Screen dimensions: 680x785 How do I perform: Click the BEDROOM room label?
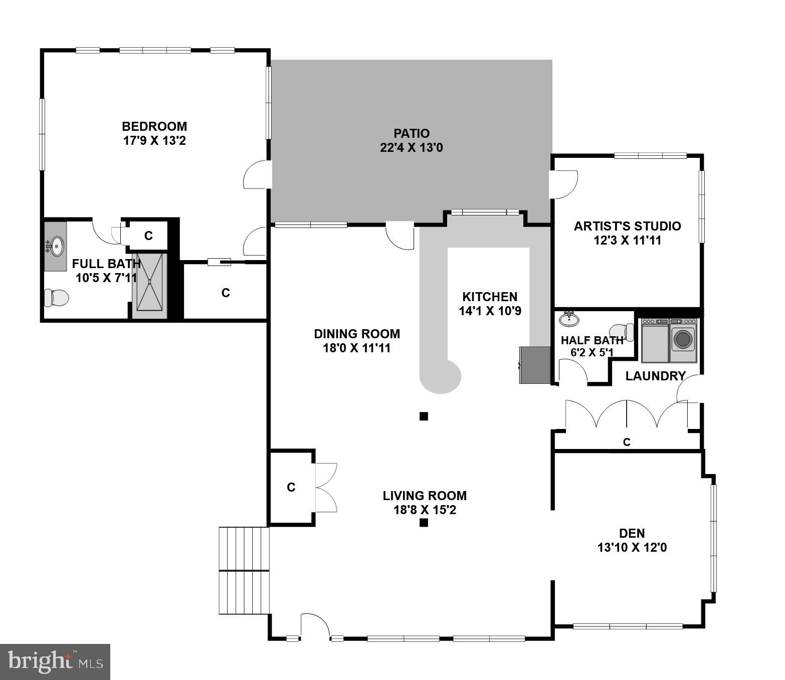click(x=154, y=126)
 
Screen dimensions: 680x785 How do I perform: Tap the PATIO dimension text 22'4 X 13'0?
click(x=411, y=148)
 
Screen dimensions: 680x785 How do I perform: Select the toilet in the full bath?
click(x=56, y=298)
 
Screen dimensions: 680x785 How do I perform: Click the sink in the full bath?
click(x=56, y=246)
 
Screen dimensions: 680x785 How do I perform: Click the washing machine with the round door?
click(x=683, y=340)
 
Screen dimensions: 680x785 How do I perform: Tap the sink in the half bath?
click(x=568, y=318)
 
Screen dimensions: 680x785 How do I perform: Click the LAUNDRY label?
click(x=655, y=376)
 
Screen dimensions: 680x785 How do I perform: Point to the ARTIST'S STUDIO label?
click(x=627, y=226)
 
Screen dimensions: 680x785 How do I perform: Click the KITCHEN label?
click(x=489, y=297)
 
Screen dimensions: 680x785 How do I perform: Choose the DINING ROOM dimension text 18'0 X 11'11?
click(x=356, y=348)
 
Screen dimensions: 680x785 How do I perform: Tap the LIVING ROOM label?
click(x=425, y=496)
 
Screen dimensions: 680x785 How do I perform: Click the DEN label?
click(x=632, y=533)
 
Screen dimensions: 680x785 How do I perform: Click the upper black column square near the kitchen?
click(x=424, y=416)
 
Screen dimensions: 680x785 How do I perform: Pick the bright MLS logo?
click(x=55, y=661)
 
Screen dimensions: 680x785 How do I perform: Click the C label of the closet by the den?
click(x=626, y=442)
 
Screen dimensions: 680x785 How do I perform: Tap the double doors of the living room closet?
click(x=326, y=487)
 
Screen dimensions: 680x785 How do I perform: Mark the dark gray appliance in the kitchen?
click(x=535, y=365)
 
